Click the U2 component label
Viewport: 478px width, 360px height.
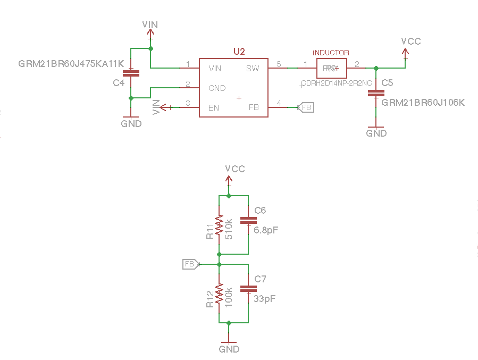(x=239, y=51)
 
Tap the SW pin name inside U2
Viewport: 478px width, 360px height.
(x=253, y=69)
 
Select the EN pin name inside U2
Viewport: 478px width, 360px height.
(x=214, y=107)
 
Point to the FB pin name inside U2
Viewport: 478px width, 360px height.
(x=254, y=107)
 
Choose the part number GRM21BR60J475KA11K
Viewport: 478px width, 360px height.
(x=71, y=64)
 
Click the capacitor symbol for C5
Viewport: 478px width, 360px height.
(x=376, y=94)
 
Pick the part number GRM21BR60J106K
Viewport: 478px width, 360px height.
(x=423, y=102)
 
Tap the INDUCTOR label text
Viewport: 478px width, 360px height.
(x=331, y=53)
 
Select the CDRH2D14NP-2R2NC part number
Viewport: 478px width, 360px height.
(x=337, y=83)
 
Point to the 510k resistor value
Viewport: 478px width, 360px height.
(x=229, y=229)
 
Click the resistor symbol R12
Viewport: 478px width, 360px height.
(x=219, y=294)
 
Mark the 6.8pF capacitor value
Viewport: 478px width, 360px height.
(x=266, y=230)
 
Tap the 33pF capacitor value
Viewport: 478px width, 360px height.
(x=264, y=299)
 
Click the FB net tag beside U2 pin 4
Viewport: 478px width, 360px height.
(x=306, y=107)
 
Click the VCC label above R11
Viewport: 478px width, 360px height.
(x=235, y=169)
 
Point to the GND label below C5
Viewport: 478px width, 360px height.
(x=376, y=133)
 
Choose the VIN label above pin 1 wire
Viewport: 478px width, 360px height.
(x=150, y=25)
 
